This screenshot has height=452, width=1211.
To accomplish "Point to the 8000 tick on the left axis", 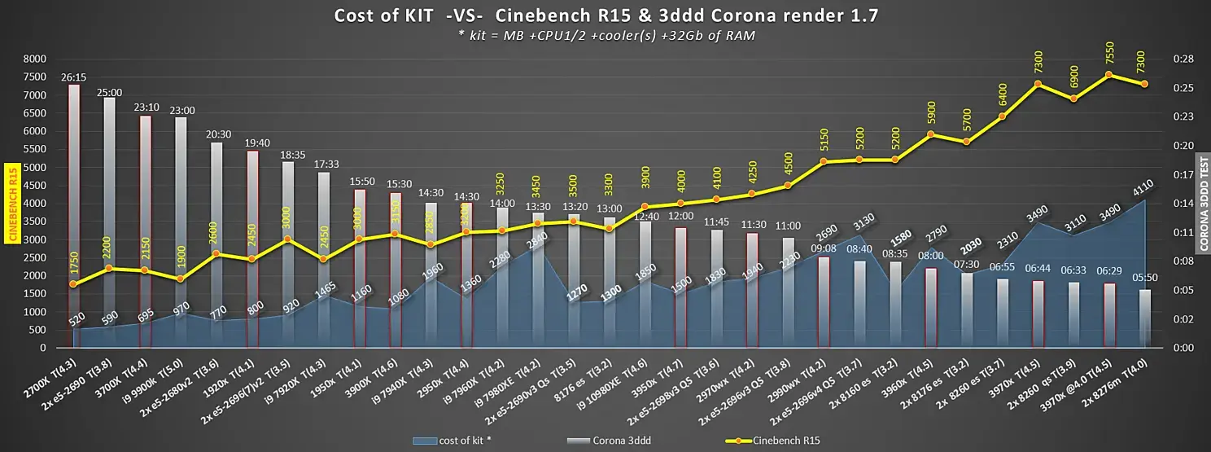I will click(34, 59).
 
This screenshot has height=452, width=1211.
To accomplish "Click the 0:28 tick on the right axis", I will click(1182, 59).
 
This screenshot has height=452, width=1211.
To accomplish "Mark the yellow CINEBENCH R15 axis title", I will click(12, 204).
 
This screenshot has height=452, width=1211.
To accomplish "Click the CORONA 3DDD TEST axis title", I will click(1203, 204).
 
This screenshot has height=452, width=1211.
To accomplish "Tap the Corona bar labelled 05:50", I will click(1145, 318).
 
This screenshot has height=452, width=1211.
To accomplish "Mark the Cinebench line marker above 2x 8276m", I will click(1144, 84).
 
